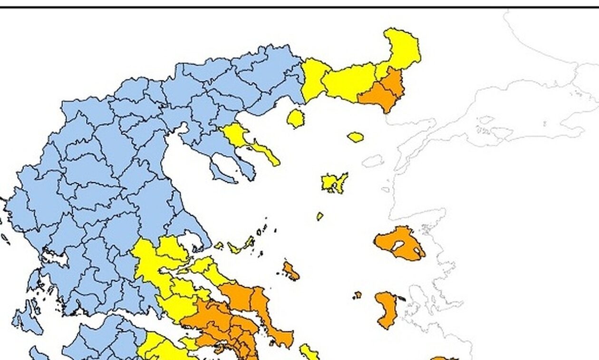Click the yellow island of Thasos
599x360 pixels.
(x=295, y=118)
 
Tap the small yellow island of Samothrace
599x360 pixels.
(x=355, y=137)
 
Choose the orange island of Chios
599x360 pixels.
(x=387, y=309)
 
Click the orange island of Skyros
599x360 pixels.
(x=290, y=271)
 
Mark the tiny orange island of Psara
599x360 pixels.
(x=357, y=295)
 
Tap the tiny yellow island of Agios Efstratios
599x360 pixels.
(x=320, y=216)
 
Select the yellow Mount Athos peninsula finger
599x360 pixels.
(x=266, y=153)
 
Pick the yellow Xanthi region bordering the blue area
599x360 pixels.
(x=314, y=78)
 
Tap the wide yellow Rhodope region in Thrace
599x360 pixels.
(x=349, y=82)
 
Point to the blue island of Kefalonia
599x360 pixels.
(x=28, y=320)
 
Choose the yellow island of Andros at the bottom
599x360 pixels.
(x=309, y=352)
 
